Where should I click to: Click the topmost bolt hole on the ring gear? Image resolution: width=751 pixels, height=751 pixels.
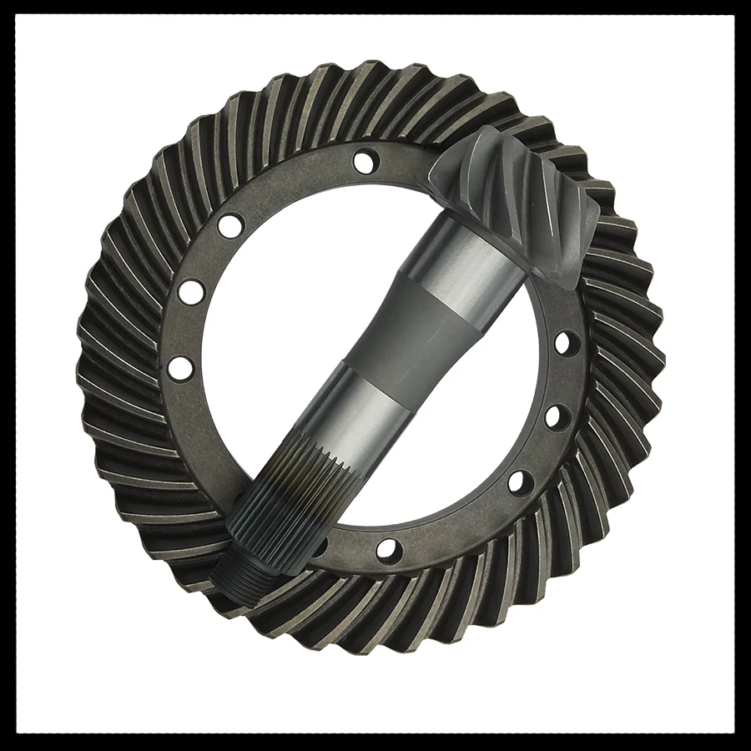pos(364,160)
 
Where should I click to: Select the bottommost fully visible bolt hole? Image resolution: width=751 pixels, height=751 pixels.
pos(387,548)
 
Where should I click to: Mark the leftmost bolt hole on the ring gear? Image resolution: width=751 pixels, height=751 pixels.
pos(179,367)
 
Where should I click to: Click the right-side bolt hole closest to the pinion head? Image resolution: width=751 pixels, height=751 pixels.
pos(565,342)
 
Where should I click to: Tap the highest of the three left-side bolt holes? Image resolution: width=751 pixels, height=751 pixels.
pos(231,224)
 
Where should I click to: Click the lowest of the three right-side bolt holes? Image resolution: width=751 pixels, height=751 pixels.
pos(519,482)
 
